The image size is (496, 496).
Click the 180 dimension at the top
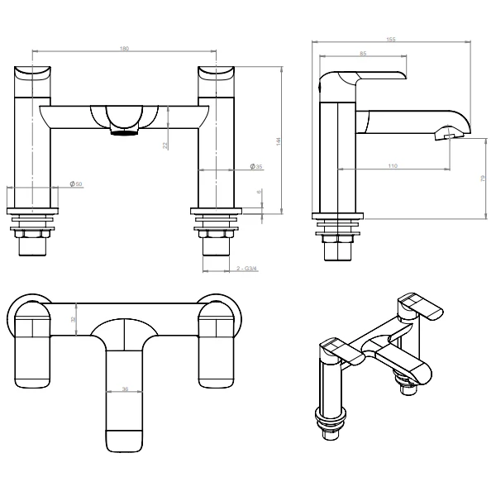click(125, 49)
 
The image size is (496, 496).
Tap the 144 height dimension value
click(279, 141)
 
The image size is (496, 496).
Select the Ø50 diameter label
click(77, 183)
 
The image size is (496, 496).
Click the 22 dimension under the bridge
click(165, 145)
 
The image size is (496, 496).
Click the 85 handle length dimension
click(363, 55)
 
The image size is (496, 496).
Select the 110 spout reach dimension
click(391, 167)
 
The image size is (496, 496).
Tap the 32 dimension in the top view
click(73, 318)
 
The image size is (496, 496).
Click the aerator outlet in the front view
click(125, 131)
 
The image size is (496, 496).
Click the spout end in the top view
click(125, 439)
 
